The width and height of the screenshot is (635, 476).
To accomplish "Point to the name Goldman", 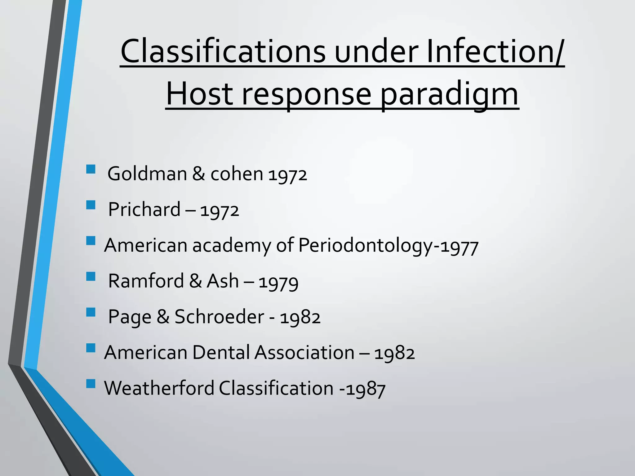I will point(147,174).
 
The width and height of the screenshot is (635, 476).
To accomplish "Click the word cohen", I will point(237,174).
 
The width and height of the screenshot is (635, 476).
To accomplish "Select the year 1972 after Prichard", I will point(220,211).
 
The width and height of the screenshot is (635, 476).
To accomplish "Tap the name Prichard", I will point(144,209).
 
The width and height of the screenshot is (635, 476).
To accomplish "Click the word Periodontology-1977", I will point(388,246).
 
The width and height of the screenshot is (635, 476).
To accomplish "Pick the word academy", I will point(231,246).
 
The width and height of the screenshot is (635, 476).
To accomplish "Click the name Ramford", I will point(146,281).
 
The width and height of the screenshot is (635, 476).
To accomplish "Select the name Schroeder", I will point(219,317).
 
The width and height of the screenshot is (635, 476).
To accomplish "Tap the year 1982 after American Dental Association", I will point(394,354).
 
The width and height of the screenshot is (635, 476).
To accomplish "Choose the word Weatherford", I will point(159,388).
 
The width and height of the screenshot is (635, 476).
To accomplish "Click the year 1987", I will point(366,389).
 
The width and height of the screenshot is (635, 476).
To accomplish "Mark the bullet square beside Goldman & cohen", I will point(91,169).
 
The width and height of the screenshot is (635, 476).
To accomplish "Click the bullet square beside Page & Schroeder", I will point(91,312).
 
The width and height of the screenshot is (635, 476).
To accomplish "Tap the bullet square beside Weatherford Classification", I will point(91,384).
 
